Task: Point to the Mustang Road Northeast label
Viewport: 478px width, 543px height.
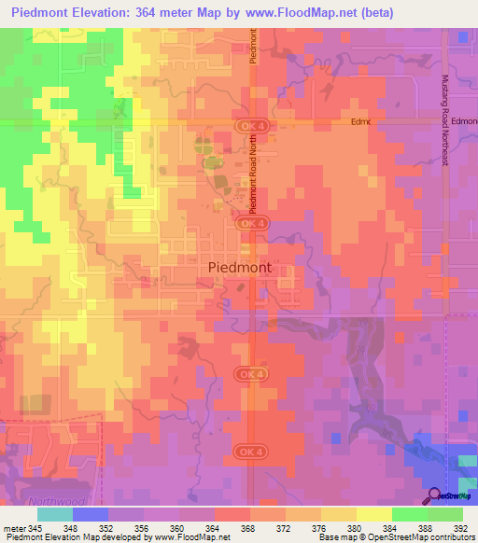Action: (x=446, y=120)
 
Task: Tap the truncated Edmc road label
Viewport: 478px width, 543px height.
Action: (x=360, y=122)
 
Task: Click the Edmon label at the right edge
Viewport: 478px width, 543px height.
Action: (x=463, y=122)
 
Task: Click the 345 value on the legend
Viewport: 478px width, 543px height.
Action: (x=38, y=529)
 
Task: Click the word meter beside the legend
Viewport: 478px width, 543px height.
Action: (x=14, y=529)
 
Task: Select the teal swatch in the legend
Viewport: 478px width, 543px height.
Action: (x=55, y=514)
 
